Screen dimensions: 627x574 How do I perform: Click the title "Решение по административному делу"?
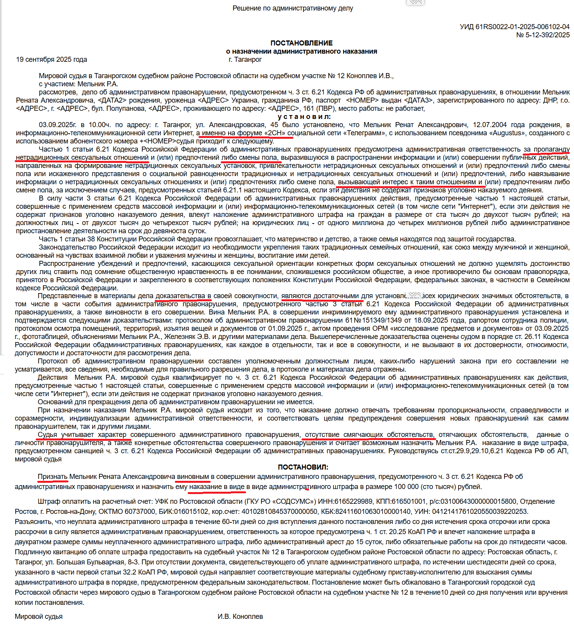pyautogui.click(x=293, y=8)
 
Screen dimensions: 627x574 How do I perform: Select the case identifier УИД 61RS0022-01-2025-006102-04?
pyautogui.click(x=515, y=27)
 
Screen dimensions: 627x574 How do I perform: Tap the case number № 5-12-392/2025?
pyautogui.click(x=543, y=35)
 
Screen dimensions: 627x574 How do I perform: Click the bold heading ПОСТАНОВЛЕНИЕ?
pyautogui.click(x=302, y=43)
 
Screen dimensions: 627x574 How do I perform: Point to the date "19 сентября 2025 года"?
pyautogui.click(x=51, y=59)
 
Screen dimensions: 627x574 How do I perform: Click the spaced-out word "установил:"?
pyautogui.click(x=304, y=117)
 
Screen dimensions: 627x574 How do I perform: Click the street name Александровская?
pyautogui.click(x=237, y=125)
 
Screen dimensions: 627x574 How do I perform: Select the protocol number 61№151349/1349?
pyautogui.click(x=373, y=320)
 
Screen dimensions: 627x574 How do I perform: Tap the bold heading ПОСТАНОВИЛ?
pyautogui.click(x=303, y=467)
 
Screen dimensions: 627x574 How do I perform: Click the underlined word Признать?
pyautogui.click(x=52, y=477)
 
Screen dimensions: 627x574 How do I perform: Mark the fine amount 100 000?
pyautogui.click(x=406, y=487)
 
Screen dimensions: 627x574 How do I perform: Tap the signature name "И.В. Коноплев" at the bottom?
pyautogui.click(x=240, y=617)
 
